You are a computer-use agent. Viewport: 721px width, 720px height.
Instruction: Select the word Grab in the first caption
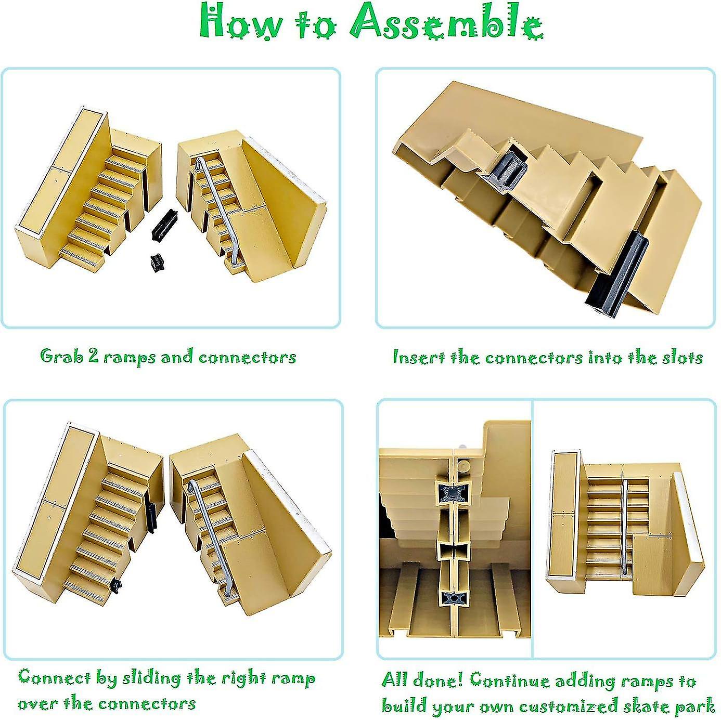[61, 357]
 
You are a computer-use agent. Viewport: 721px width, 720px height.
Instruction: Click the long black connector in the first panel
[164, 224]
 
